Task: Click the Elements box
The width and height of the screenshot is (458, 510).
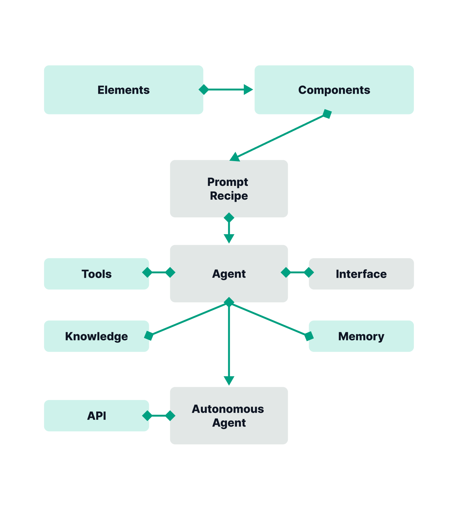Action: [x=124, y=90]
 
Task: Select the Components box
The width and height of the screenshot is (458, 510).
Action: [x=334, y=90]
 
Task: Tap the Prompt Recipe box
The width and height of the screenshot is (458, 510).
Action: [x=229, y=189]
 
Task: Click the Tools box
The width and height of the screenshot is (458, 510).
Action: [x=96, y=274]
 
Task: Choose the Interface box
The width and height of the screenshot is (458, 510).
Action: [x=361, y=274]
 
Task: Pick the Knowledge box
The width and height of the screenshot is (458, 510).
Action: [x=96, y=336]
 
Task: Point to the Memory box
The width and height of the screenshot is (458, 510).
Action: [x=361, y=336]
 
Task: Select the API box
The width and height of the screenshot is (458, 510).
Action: [x=96, y=416]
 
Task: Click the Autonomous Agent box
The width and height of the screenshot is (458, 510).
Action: [x=229, y=416]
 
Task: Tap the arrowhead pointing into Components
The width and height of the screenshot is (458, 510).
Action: [x=248, y=90]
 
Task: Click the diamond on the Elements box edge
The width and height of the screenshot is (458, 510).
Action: [x=204, y=90]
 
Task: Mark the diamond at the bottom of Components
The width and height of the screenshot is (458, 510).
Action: [x=327, y=114]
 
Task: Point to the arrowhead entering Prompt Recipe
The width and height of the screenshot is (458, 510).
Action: [x=234, y=157]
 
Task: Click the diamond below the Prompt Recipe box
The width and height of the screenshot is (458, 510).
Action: [x=229, y=217]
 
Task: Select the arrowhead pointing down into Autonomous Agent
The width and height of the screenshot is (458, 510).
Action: [x=229, y=381]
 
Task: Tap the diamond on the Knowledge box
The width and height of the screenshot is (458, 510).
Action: [x=149, y=336]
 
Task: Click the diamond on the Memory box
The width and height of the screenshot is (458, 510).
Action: [x=309, y=336]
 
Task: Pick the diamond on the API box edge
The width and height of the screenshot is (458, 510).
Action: [x=147, y=416]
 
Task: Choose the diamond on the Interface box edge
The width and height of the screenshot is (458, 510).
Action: [x=309, y=272]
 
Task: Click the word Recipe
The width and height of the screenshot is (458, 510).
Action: [x=229, y=196]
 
